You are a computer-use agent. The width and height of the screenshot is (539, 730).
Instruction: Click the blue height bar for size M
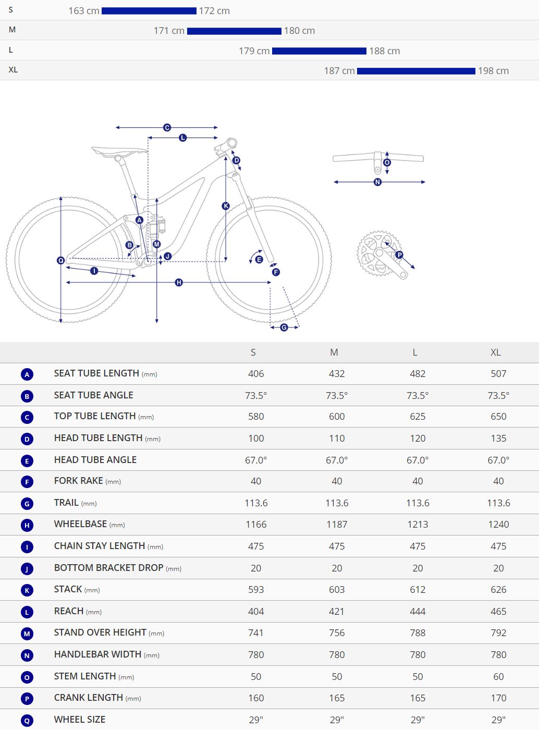tap(234, 31)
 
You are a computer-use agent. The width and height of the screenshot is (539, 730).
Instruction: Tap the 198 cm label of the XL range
tap(493, 71)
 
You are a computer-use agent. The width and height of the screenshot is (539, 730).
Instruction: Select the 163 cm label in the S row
tap(84, 11)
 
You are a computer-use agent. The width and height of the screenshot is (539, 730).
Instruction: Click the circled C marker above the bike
tap(167, 127)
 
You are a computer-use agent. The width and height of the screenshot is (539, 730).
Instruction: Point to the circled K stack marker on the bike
tap(226, 206)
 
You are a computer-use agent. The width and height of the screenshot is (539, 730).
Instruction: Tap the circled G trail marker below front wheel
tap(284, 327)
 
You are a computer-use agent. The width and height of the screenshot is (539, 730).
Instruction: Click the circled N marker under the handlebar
tap(377, 182)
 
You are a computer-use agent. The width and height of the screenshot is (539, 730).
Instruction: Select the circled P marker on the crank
tap(399, 255)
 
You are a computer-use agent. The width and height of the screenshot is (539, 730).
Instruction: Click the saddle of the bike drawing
tap(119, 151)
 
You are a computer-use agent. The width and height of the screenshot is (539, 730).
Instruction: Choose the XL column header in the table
tap(496, 352)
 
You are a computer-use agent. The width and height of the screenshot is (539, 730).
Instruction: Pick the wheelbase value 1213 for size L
tap(418, 525)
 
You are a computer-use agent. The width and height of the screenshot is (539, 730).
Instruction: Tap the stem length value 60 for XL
tap(498, 677)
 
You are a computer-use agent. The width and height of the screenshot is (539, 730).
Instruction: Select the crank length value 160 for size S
tap(256, 698)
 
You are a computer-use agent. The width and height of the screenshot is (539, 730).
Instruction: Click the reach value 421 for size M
tap(337, 612)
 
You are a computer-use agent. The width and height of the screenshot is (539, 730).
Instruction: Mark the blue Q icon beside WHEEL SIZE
tap(27, 721)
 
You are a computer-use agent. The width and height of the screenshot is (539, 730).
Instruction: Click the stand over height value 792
tap(498, 633)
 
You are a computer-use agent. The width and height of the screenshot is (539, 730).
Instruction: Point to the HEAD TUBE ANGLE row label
tap(95, 460)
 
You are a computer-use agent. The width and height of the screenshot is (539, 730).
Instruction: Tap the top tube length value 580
tap(256, 416)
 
